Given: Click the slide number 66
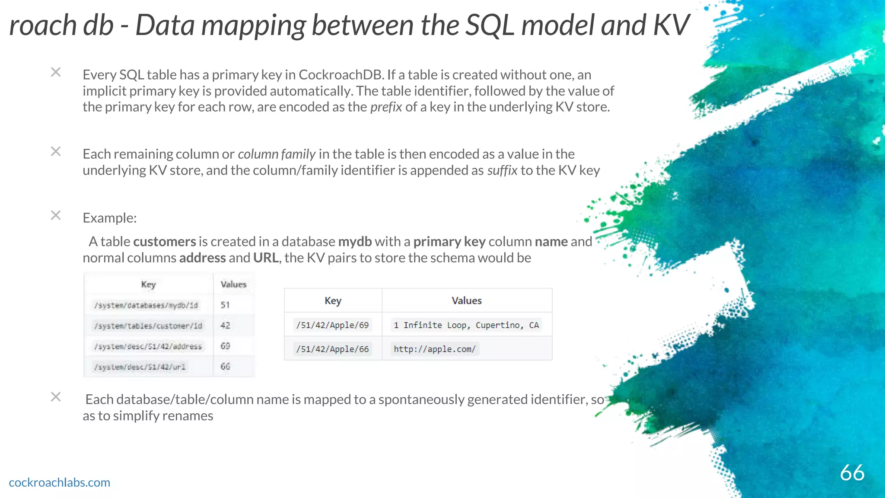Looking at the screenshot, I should tap(852, 472).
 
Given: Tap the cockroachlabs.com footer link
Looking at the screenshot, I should tap(60, 482).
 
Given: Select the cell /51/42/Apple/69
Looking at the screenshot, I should tap(332, 325).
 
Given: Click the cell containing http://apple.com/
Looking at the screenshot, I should tap(434, 349).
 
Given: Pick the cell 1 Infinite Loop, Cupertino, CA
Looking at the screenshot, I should tap(466, 325).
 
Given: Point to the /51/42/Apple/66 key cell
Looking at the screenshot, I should tap(332, 349).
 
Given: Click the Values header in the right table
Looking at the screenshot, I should tap(466, 300).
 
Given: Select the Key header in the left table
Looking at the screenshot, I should tap(148, 284).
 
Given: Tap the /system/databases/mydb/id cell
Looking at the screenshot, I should tap(146, 305).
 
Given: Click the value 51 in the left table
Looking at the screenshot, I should tap(225, 305).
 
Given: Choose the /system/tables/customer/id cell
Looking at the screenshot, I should tap(148, 326).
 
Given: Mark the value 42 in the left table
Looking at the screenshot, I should tap(225, 326).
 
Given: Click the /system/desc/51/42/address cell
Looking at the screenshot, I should tap(148, 346).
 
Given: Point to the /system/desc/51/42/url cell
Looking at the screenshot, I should tap(140, 367).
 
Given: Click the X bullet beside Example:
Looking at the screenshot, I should tap(56, 215).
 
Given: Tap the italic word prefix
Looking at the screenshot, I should tap(386, 107).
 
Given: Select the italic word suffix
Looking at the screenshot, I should tap(502, 170).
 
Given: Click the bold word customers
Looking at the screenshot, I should tap(164, 242).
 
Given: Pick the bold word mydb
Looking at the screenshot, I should tap(355, 242).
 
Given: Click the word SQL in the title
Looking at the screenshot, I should tap(489, 25).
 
